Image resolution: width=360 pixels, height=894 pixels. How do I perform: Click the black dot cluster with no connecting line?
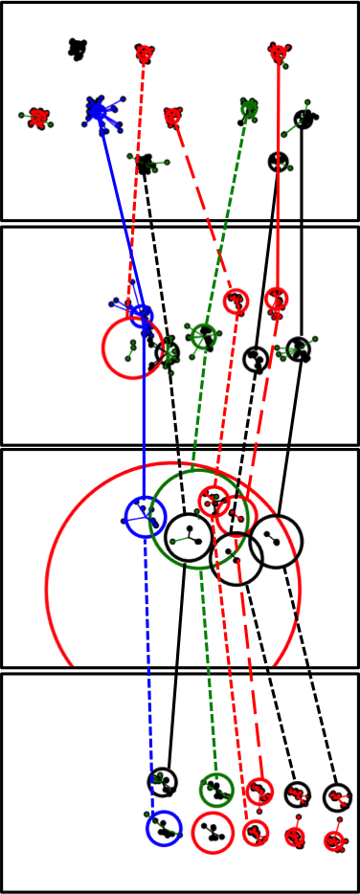(78, 48)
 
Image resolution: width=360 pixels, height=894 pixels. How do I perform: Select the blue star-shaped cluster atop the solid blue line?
(97, 111)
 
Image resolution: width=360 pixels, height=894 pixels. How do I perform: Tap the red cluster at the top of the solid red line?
(279, 53)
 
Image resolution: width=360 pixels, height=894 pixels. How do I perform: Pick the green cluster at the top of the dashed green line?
(249, 108)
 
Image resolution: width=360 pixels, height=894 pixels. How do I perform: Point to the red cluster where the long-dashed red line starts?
(172, 117)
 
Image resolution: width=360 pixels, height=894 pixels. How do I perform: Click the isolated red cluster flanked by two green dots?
(38, 118)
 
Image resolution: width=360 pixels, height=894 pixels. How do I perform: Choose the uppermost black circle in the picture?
(304, 120)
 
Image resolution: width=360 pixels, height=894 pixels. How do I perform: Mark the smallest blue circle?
(142, 315)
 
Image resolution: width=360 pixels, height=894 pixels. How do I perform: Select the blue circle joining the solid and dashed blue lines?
(146, 517)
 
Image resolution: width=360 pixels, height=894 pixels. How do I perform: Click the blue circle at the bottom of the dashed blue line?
(165, 828)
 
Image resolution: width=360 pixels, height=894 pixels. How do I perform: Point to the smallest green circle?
(203, 336)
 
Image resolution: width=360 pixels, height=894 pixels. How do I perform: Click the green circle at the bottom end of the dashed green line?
(216, 790)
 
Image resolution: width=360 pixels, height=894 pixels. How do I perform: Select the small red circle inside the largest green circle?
(214, 501)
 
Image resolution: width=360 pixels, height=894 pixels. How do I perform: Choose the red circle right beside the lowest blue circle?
(213, 832)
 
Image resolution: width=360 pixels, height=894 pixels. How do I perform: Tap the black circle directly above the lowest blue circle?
(163, 782)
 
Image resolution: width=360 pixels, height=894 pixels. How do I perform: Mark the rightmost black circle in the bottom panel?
(337, 796)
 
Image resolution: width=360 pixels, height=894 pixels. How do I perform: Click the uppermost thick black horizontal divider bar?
(180, 224)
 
